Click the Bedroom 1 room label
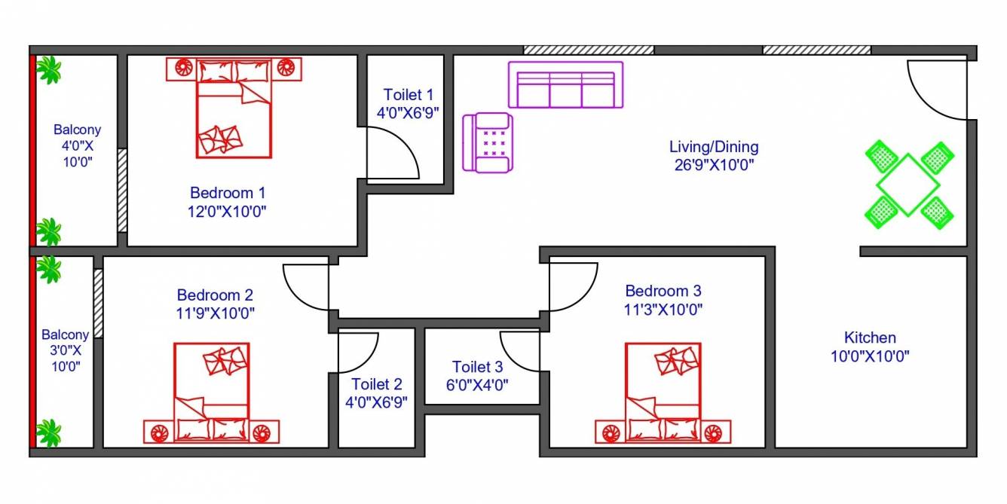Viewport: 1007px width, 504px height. point(227,193)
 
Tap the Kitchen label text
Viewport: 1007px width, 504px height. point(870,338)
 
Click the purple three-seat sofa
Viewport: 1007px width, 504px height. point(565,85)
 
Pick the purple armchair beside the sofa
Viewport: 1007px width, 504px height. point(488,142)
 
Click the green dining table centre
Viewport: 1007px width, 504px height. point(908,185)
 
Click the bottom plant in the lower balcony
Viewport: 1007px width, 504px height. point(49,433)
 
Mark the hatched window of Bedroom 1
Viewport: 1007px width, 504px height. point(122,191)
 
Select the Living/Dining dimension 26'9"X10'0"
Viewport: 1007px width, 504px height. point(713,164)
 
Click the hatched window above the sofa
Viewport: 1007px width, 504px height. point(588,50)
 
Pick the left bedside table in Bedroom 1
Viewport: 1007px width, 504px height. point(182,68)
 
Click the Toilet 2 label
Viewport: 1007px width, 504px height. point(376,384)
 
